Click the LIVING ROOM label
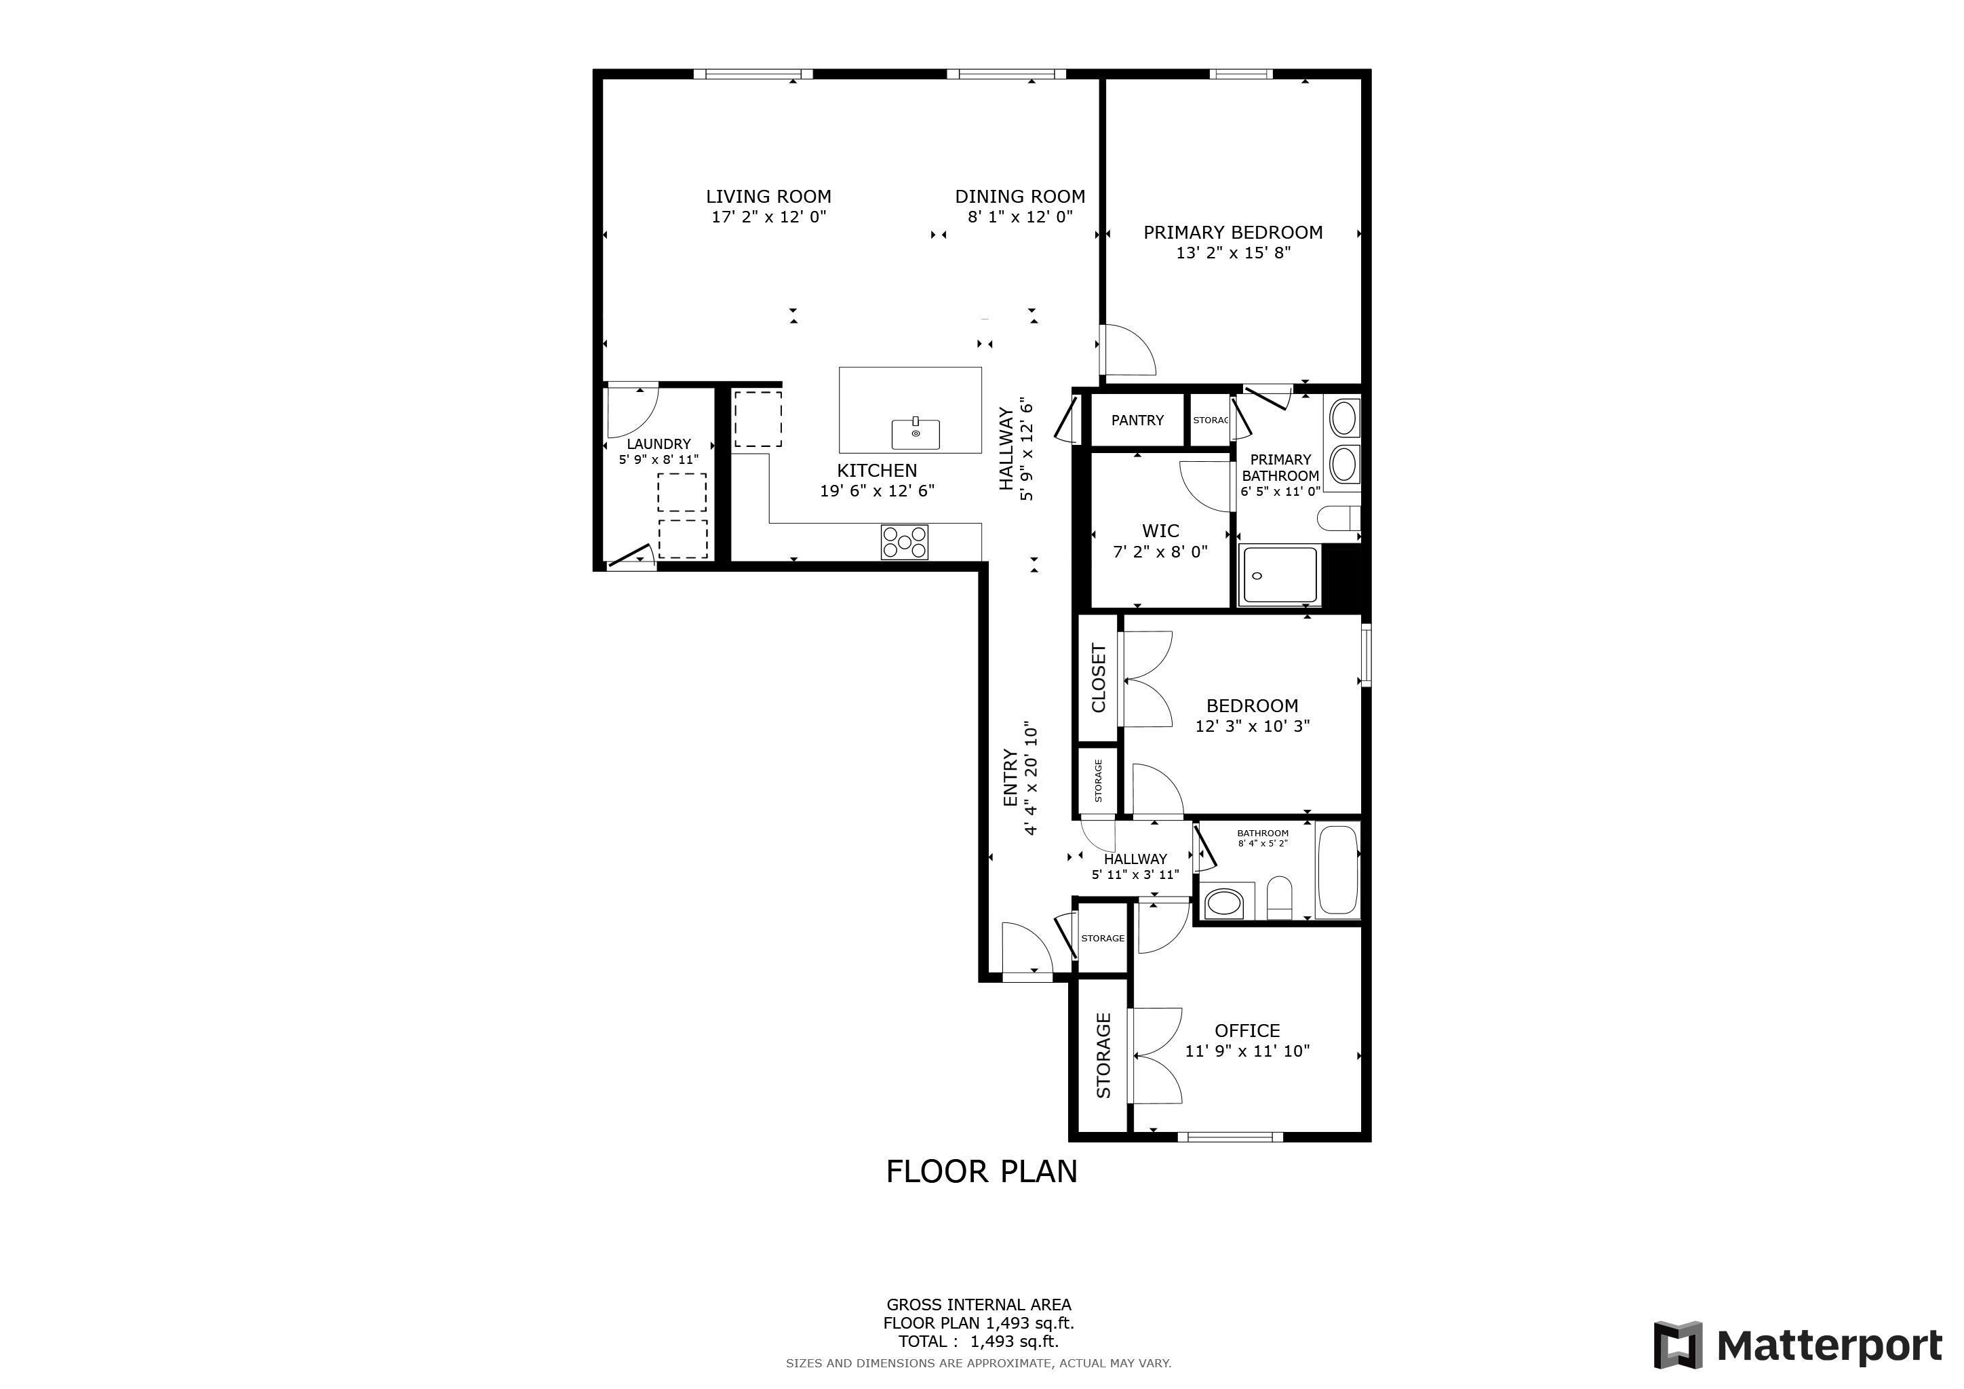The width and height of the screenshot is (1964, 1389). (768, 197)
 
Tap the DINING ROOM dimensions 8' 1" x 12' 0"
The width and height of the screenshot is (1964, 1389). (1019, 216)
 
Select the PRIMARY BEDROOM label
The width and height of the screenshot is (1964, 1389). (1233, 233)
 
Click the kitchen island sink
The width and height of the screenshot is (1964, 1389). (916, 433)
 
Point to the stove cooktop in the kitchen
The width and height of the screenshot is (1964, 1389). (905, 541)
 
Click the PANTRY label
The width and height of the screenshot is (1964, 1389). (1137, 420)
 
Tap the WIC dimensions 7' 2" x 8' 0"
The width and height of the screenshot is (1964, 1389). (1160, 551)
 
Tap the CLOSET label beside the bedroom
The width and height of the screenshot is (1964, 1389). (1099, 678)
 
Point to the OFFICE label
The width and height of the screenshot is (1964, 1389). (1247, 1031)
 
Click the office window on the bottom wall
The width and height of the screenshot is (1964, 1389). (1230, 1137)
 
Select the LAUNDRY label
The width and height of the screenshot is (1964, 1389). (659, 444)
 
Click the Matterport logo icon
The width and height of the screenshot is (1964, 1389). (1677, 1346)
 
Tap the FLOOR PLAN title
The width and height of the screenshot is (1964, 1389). (981, 1172)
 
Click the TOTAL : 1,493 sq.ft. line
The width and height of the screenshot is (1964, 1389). (979, 1342)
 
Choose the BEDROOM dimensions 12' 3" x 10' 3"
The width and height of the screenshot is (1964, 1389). (1253, 726)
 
